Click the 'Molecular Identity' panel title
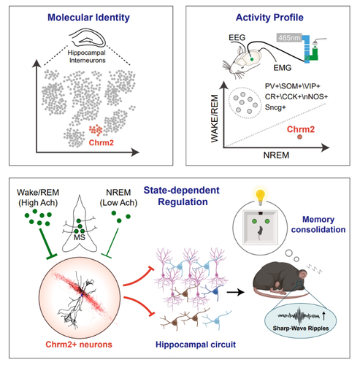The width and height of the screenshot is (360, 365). [x=88, y=18]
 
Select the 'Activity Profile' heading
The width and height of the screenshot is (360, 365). [x=269, y=18]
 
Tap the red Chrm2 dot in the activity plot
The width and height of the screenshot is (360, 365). [x=299, y=137]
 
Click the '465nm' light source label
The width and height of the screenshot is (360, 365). [x=289, y=38]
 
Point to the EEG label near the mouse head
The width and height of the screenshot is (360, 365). [x=237, y=37]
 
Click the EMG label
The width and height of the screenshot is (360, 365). [x=283, y=68]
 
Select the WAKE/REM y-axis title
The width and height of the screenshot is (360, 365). [x=215, y=118]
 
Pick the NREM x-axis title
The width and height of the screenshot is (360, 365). [x=276, y=155]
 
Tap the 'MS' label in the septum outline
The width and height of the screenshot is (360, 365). [x=80, y=237]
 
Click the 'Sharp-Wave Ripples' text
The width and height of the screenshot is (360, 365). [x=301, y=328]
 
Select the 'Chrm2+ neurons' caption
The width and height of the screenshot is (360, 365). [x=79, y=345]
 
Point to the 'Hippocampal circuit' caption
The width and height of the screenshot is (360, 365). [x=196, y=345]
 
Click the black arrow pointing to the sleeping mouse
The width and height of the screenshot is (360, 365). [x=235, y=292]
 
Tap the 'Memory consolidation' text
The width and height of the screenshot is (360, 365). [x=318, y=224]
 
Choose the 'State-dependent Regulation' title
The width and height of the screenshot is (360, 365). [x=182, y=196]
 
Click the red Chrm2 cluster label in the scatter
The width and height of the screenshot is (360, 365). [x=102, y=142]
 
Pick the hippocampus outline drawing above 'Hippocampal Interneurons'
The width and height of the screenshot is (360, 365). [x=88, y=39]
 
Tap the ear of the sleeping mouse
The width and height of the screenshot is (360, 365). [x=303, y=274]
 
